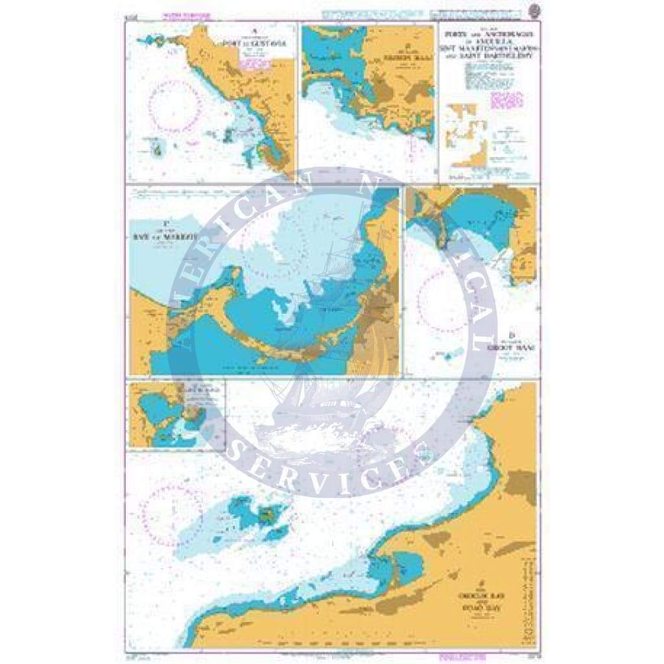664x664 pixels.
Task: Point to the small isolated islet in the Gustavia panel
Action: (x=157, y=150)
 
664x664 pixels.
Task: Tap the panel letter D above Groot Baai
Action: (x=512, y=336)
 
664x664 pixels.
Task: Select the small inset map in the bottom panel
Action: (x=176, y=415)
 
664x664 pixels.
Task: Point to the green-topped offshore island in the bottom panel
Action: (x=266, y=516)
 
